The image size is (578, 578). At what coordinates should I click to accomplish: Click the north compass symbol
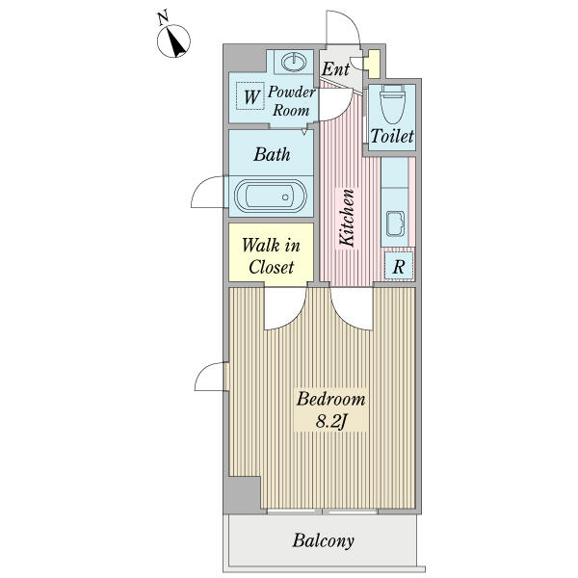173,39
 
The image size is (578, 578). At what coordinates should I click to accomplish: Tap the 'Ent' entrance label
335,69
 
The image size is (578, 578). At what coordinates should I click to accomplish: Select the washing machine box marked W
251,97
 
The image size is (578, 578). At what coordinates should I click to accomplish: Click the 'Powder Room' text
290,101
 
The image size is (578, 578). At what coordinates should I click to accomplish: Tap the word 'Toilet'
392,138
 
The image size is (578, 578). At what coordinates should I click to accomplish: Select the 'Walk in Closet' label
270,256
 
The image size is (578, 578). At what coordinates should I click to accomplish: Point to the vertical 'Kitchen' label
347,218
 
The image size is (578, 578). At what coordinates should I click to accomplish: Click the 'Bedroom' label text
331,399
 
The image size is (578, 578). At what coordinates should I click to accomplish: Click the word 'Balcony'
324,540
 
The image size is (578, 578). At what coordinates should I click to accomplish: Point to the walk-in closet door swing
285,306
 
